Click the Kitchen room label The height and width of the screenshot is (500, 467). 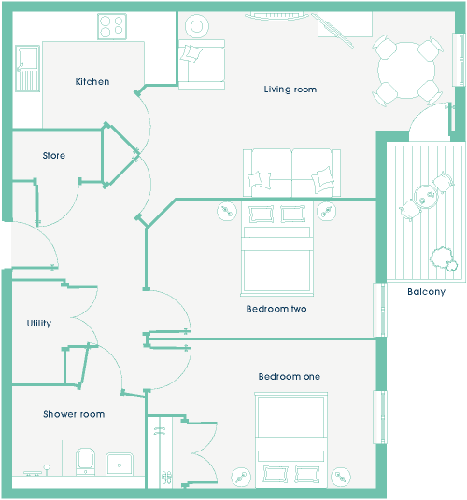pos(92,82)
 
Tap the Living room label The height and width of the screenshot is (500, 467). pos(290,90)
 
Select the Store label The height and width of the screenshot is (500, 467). pos(54,155)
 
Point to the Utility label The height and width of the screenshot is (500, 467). pos(39,324)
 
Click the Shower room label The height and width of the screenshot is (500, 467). pos(74,414)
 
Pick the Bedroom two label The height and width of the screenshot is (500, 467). pos(276,309)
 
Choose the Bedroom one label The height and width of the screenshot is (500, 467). pos(290,376)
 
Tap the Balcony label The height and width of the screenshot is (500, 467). pos(426,291)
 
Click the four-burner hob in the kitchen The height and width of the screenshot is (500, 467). pos(112,26)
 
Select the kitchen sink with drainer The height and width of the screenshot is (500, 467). pos(27,68)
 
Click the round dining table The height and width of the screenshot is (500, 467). pos(406,71)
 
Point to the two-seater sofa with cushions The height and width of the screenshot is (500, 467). pos(291,173)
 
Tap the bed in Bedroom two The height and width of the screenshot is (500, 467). pos(276,248)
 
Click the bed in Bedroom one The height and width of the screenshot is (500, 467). pos(291,440)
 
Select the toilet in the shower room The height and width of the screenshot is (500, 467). pos(85,462)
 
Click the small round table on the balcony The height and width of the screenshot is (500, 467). pos(426,197)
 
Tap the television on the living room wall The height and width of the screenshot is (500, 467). pos(276,16)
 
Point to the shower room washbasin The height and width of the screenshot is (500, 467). pos(120,465)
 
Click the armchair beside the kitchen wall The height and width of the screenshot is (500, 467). pos(202,64)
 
